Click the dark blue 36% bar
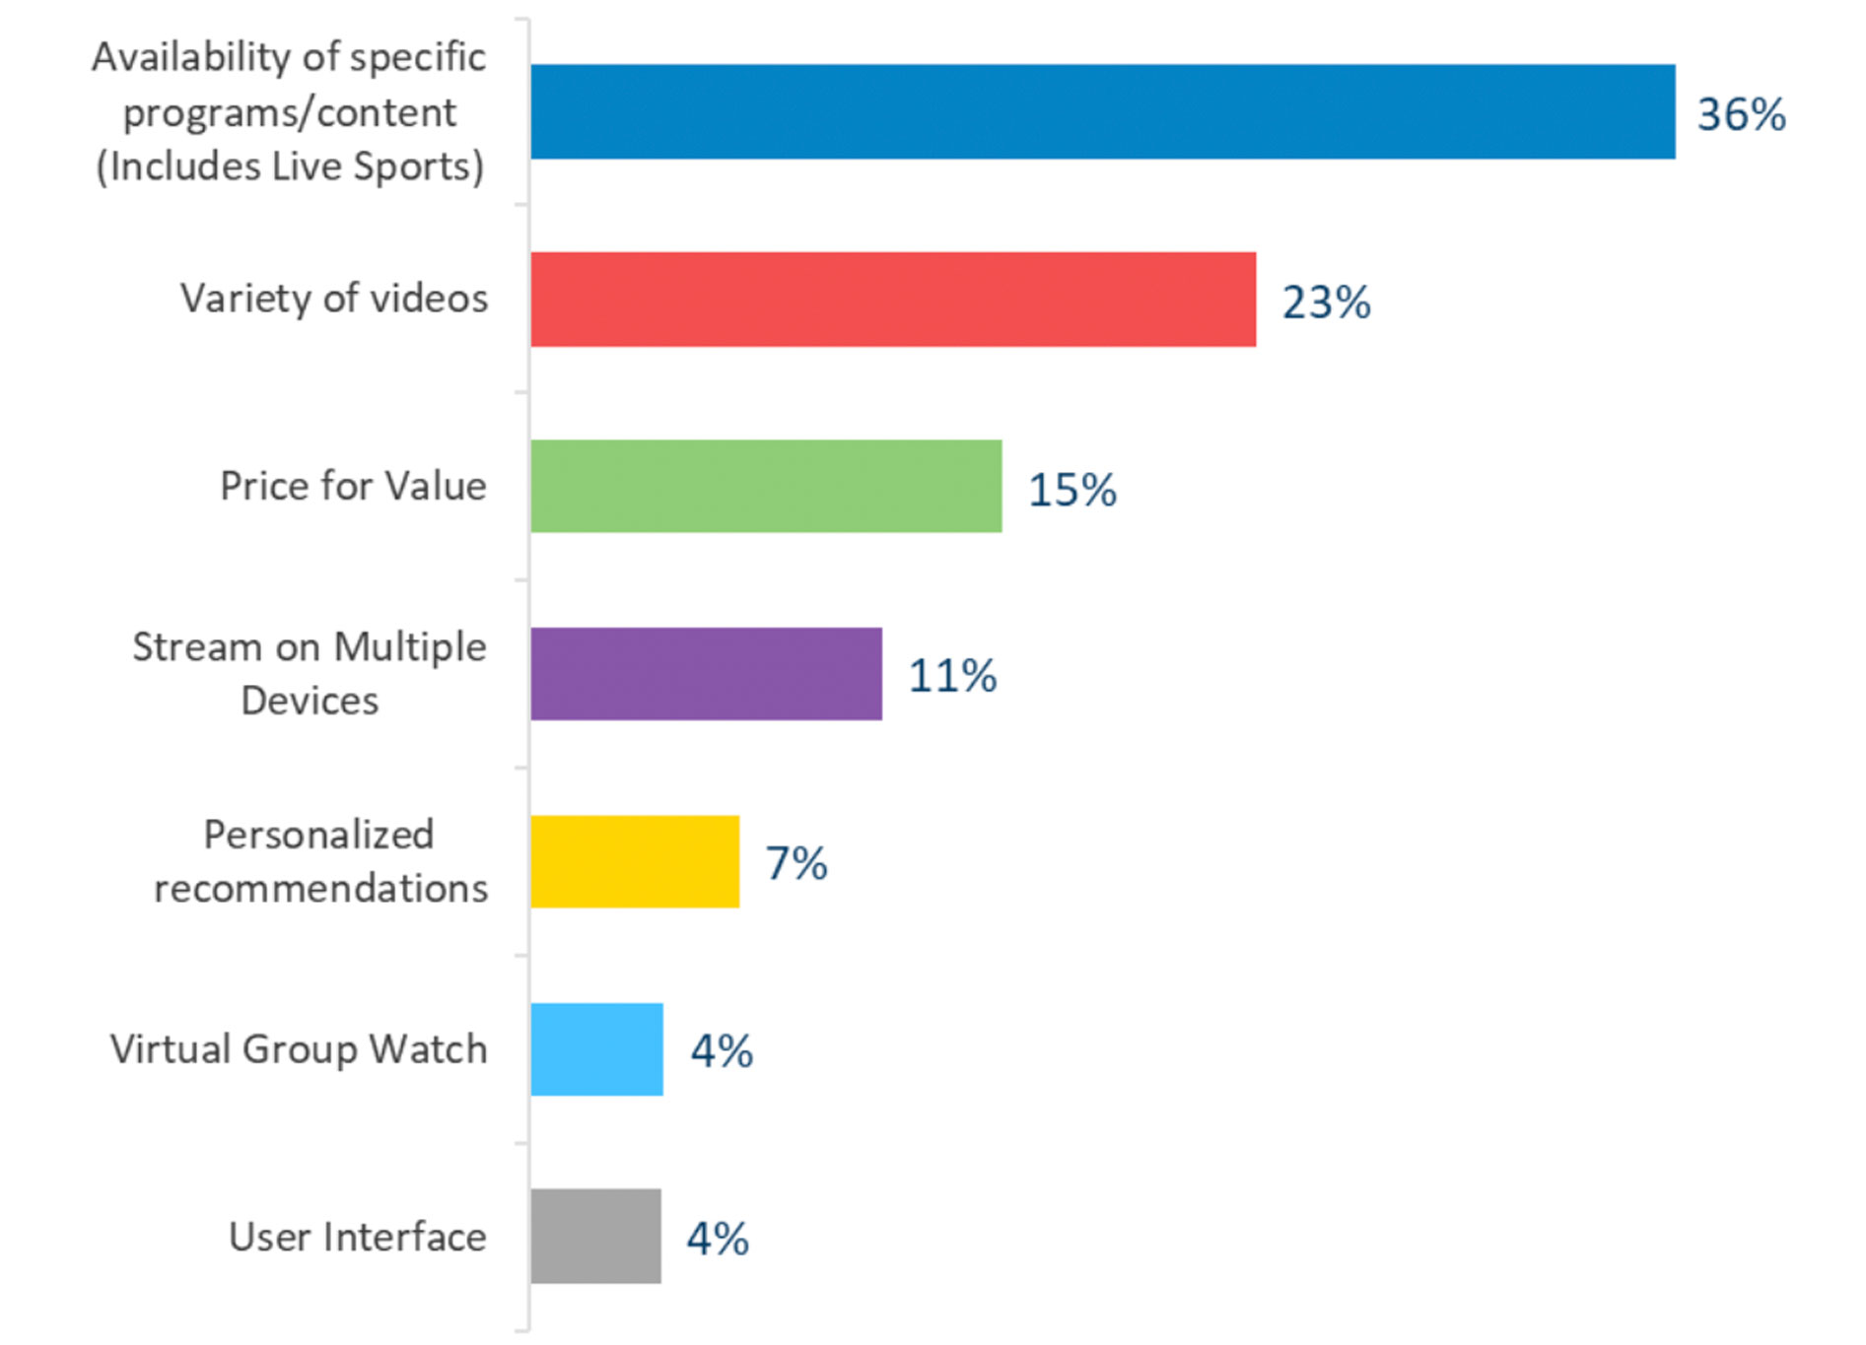[1102, 111]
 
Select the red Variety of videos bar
[893, 300]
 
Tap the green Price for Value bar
[766, 487]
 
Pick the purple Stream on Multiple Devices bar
[706, 674]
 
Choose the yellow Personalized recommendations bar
[635, 861]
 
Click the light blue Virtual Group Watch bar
[596, 1049]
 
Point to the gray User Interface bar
[595, 1236]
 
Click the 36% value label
[1741, 114]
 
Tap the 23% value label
[1326, 303]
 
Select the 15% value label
[1071, 490]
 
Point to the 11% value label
[952, 676]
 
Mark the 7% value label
[796, 863]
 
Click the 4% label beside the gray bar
[718, 1239]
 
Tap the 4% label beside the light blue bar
[722, 1051]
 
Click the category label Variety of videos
[333, 299]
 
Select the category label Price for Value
[353, 486]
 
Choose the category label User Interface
[357, 1237]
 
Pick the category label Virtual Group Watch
[299, 1049]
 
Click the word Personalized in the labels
[318, 835]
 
